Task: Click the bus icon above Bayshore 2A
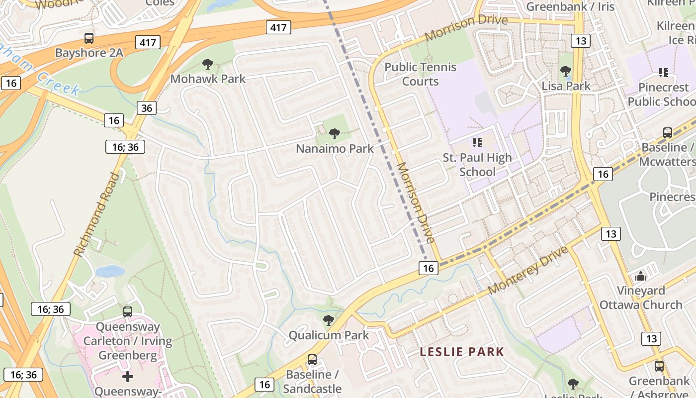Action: point(89,38)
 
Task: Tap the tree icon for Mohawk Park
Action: point(208,64)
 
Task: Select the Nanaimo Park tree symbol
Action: point(335,133)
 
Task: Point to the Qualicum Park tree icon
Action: point(328,320)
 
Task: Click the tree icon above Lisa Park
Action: point(565,71)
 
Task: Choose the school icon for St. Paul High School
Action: point(477,143)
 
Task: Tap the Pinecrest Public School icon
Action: point(663,73)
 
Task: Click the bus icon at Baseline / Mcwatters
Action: point(668,133)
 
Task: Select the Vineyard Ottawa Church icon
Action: point(641,276)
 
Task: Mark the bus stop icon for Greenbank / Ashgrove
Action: point(659,366)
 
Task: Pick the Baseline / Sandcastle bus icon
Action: point(312,359)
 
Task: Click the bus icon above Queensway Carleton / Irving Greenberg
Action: point(128,312)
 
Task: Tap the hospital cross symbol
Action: point(128,376)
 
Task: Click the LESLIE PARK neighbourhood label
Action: point(462,352)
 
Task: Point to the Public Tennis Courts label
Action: point(420,74)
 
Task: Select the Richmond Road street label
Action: point(96,214)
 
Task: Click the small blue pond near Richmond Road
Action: point(110,271)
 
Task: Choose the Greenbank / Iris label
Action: point(570,6)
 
